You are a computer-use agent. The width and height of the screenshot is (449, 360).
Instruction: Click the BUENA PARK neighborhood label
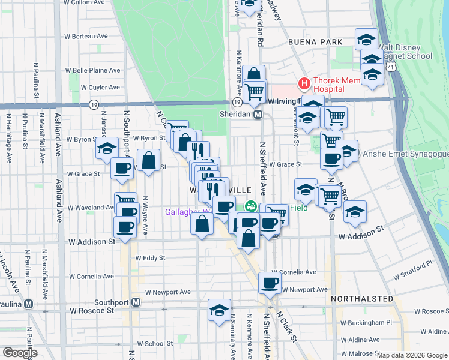click(315, 42)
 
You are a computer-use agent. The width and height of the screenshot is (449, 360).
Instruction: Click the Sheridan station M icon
click(258, 114)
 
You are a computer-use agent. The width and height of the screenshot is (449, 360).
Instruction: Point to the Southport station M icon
click(136, 301)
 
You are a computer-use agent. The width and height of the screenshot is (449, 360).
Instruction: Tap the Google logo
click(20, 353)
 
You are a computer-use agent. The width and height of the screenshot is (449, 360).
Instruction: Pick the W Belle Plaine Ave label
click(97, 70)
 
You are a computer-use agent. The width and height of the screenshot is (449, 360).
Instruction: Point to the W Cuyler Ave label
click(100, 87)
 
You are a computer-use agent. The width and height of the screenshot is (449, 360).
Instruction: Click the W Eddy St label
click(150, 257)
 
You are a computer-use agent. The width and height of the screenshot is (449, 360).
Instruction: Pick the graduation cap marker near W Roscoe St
click(219, 310)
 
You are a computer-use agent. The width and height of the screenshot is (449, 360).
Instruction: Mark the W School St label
click(155, 344)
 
